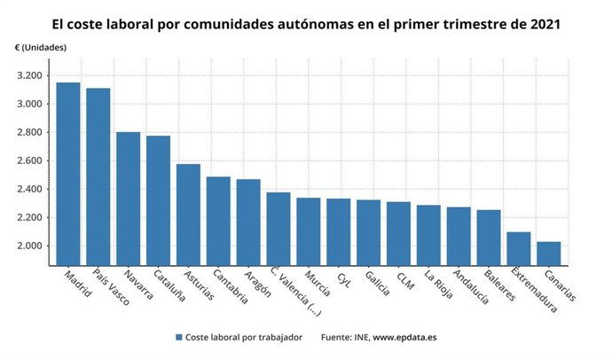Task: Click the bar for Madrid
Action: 67,174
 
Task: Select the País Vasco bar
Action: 98,176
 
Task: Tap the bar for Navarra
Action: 128,199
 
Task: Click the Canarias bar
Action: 548,254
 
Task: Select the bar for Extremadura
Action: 518,248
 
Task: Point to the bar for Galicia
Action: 368,232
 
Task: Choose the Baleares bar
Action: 488,238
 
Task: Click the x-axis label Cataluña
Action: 168,286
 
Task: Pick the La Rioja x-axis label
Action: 436,286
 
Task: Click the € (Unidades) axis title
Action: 40,46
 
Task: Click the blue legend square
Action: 179,338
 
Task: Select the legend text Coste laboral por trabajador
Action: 244,338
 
